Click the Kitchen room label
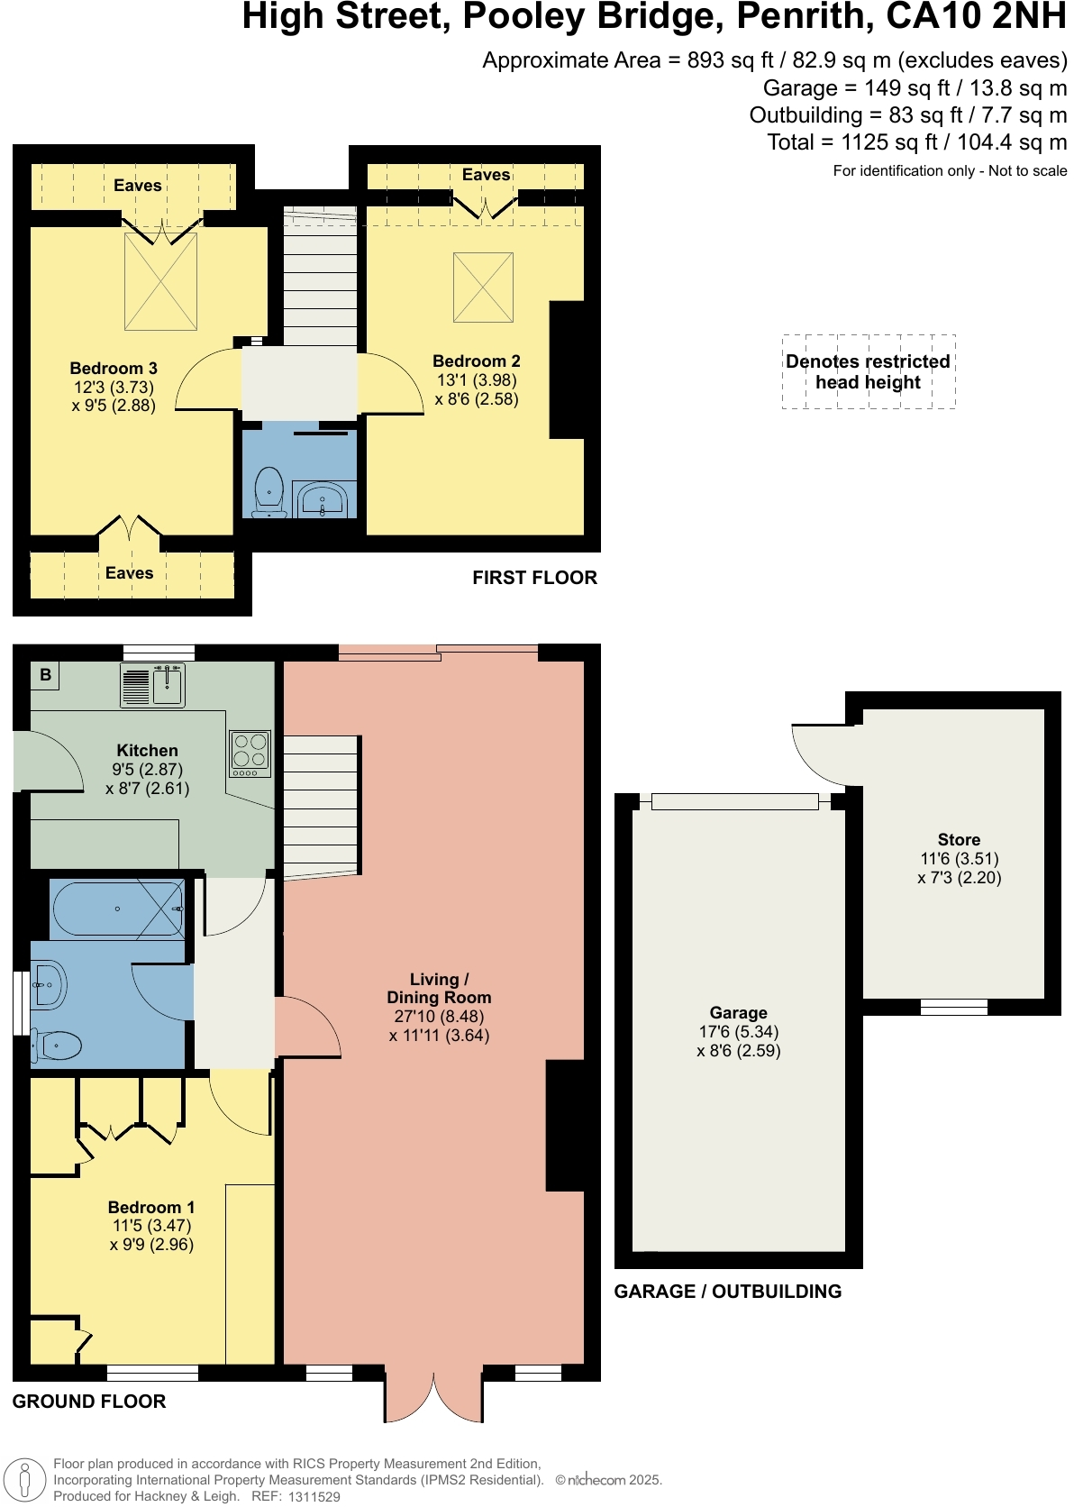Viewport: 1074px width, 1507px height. pyautogui.click(x=147, y=751)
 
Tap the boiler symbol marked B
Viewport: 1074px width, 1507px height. pyautogui.click(x=45, y=675)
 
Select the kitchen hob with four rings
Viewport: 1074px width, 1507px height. pyautogui.click(x=250, y=753)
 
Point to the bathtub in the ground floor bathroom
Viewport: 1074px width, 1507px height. pyautogui.click(x=117, y=909)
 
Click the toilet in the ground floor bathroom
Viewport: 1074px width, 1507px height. pyautogui.click(x=57, y=1046)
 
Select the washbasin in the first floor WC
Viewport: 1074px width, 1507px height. pyautogui.click(x=323, y=499)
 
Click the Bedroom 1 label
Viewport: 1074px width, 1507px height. pyautogui.click(x=150, y=1208)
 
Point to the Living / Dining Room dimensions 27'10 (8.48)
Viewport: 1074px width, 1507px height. pyautogui.click(x=439, y=1017)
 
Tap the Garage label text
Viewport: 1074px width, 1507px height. pyautogui.click(x=738, y=1013)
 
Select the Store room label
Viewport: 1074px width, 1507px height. pyautogui.click(x=959, y=840)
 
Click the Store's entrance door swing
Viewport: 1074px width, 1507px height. pyautogui.click(x=822, y=753)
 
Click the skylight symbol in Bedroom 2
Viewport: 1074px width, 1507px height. pyautogui.click(x=483, y=288)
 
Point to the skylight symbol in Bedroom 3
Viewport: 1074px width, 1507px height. pyautogui.click(x=160, y=282)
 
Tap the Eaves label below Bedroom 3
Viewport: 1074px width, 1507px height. pyautogui.click(x=129, y=573)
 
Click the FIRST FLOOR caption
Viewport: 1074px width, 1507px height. pyautogui.click(x=534, y=578)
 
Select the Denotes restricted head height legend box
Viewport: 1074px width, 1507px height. pyautogui.click(x=868, y=372)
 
